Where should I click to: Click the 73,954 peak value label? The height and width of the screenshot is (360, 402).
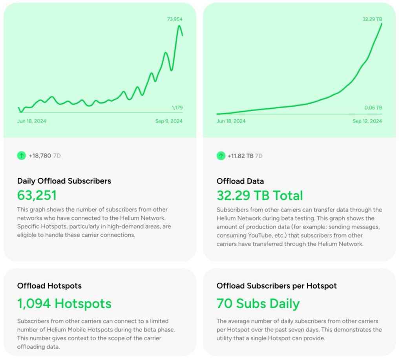(x=175, y=19)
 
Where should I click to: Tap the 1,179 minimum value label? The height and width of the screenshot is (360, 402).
(x=177, y=108)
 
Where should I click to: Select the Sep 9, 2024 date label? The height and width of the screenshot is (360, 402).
(x=169, y=121)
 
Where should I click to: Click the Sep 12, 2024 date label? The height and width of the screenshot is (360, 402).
(x=367, y=121)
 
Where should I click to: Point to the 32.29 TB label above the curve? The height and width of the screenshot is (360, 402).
(x=372, y=19)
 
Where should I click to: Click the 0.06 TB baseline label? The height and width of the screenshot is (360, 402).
(x=373, y=108)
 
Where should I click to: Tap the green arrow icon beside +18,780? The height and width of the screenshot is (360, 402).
(x=21, y=156)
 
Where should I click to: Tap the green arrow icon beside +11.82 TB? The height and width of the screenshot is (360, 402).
(x=221, y=156)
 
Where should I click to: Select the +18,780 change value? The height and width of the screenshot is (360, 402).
(x=40, y=156)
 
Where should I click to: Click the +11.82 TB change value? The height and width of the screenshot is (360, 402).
(x=240, y=156)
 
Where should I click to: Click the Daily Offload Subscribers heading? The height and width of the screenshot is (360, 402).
(x=64, y=181)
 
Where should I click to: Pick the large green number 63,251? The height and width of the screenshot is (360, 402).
(x=37, y=196)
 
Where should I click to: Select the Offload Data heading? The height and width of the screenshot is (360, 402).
(x=240, y=181)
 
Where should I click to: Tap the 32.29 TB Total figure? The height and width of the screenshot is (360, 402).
(x=259, y=196)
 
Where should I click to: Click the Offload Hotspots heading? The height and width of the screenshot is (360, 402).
(x=49, y=286)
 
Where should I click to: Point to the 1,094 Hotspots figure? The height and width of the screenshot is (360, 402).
(x=64, y=303)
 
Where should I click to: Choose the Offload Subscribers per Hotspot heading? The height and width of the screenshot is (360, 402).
(x=276, y=286)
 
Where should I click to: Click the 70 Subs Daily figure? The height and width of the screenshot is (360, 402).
(x=258, y=303)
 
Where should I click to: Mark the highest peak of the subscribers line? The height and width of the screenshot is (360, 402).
(x=179, y=26)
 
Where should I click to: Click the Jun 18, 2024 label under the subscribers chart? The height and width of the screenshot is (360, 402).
(x=31, y=121)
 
